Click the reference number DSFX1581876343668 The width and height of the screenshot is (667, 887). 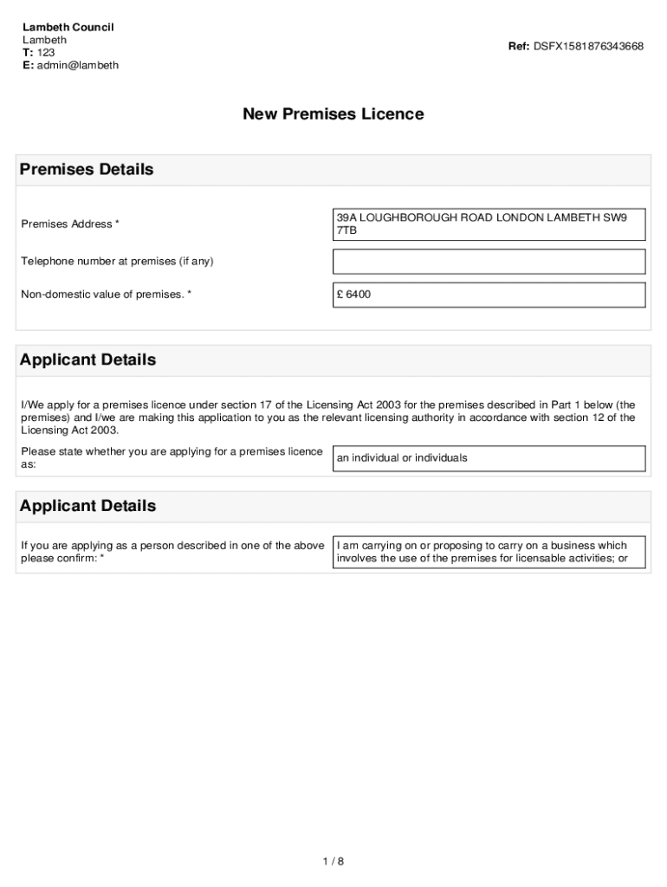pyautogui.click(x=588, y=46)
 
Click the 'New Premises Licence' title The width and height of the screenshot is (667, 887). pyautogui.click(x=333, y=114)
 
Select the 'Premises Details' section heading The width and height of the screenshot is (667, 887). pyautogui.click(x=87, y=170)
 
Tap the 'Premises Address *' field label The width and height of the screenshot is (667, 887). pyautogui.click(x=70, y=224)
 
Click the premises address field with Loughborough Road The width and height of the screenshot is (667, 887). pyautogui.click(x=489, y=224)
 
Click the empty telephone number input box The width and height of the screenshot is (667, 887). pyautogui.click(x=489, y=261)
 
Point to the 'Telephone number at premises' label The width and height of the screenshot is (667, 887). pyautogui.click(x=117, y=261)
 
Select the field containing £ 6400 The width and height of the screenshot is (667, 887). pyautogui.click(x=489, y=295)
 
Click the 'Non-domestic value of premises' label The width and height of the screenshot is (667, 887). pyautogui.click(x=106, y=295)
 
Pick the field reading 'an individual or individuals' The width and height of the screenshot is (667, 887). pyautogui.click(x=489, y=458)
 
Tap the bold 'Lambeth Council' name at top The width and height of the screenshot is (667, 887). pyautogui.click(x=68, y=27)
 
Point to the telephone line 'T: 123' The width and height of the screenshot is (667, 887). pyautogui.click(x=39, y=53)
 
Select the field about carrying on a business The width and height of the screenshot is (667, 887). pyautogui.click(x=489, y=552)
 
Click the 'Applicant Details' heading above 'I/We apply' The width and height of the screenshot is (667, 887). pyautogui.click(x=87, y=359)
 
